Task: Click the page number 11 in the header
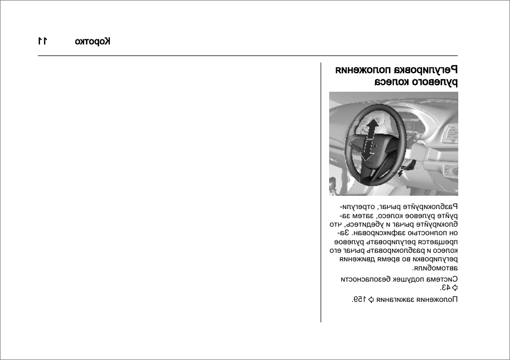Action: point(43,42)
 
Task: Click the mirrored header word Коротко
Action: point(93,42)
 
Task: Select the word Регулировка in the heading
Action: point(427,70)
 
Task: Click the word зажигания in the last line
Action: point(395,299)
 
